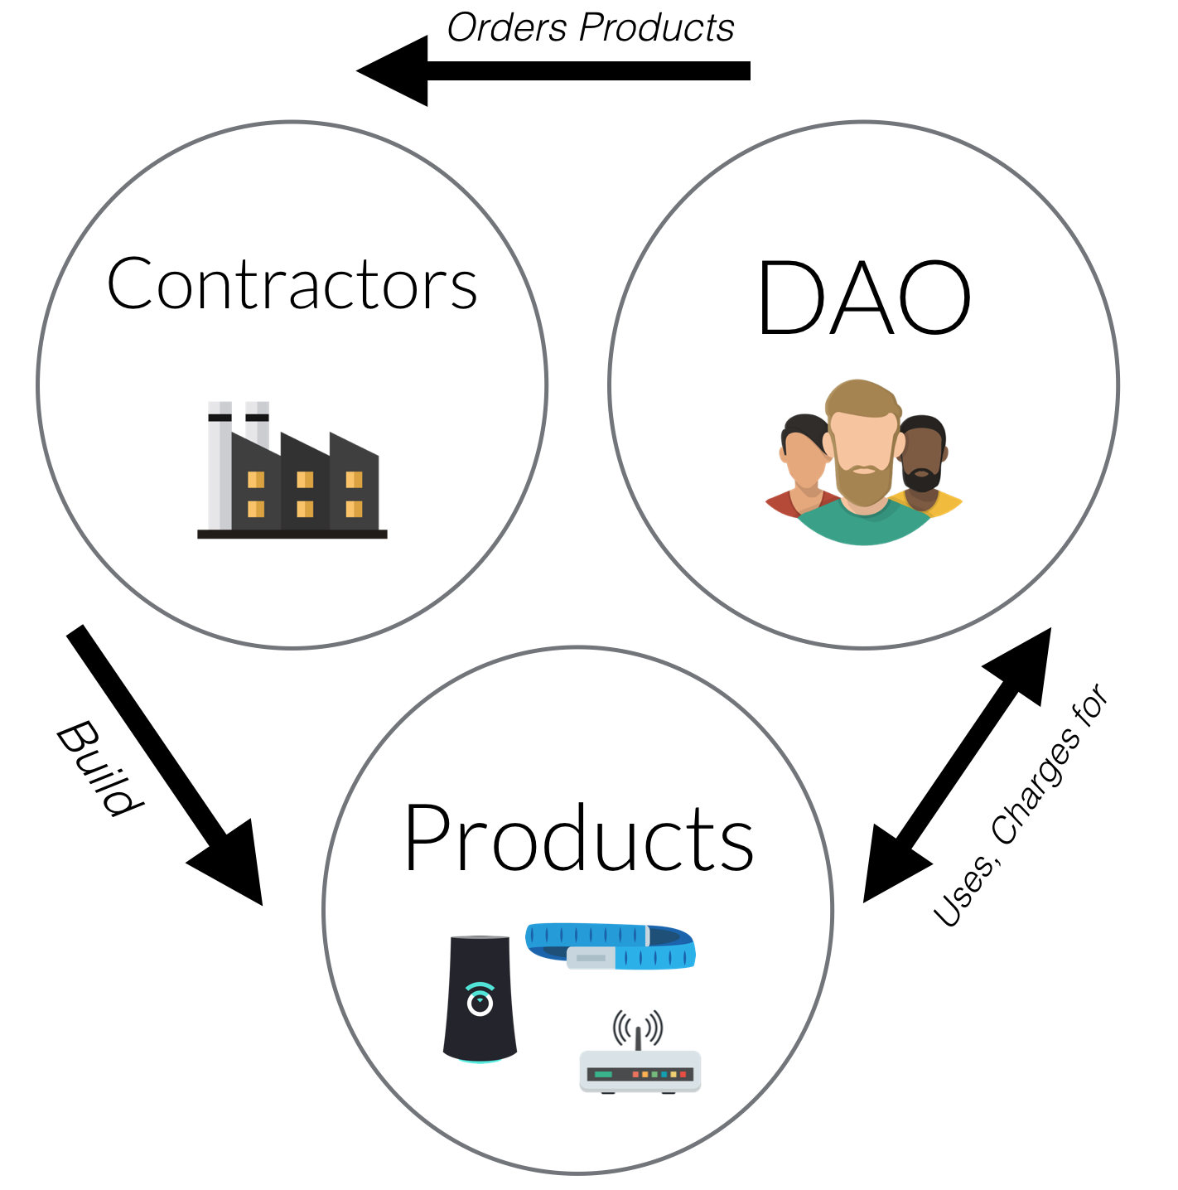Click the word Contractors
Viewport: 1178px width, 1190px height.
(292, 284)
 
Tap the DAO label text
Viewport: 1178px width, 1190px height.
(863, 298)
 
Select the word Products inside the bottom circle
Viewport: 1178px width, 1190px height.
(578, 839)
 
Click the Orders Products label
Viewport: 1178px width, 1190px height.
(590, 28)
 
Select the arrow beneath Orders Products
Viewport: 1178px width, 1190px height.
(553, 71)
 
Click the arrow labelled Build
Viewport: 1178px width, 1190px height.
(166, 767)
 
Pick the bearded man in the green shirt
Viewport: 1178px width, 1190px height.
(863, 464)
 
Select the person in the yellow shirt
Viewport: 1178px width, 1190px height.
(926, 468)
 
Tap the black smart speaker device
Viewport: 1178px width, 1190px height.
(480, 999)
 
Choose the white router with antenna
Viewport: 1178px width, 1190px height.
(640, 1069)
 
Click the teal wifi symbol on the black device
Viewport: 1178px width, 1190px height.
(480, 999)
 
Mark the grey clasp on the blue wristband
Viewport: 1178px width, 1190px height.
(590, 958)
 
